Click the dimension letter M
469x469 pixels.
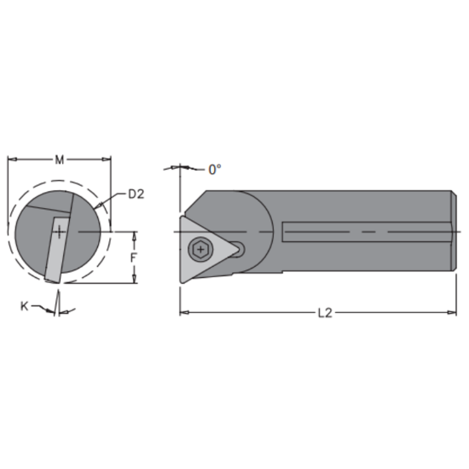(58, 159)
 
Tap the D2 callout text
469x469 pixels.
(135, 194)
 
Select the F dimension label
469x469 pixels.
(134, 257)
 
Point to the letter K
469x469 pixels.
(24, 304)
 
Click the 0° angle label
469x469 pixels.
(215, 170)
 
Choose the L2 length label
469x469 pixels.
(324, 313)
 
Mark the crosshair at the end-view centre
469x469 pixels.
(57, 232)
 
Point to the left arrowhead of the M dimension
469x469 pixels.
(11, 159)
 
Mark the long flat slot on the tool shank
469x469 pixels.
(367, 232)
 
